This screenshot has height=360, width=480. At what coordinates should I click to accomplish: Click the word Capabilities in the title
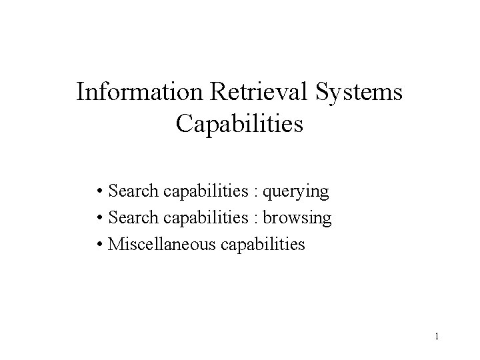[240, 124]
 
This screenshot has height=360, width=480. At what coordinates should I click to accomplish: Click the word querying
[296, 192]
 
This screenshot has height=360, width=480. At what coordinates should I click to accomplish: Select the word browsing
[297, 218]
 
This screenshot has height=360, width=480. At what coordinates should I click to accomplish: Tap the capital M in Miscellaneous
[114, 244]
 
